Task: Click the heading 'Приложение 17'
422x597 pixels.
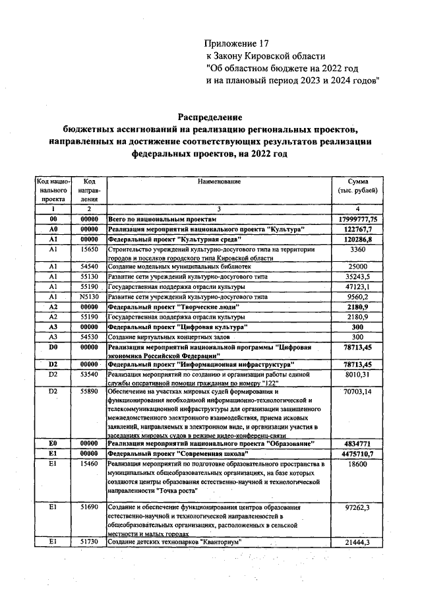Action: tap(238, 44)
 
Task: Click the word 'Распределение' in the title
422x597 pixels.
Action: tap(210, 117)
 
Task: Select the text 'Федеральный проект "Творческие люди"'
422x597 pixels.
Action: tap(173, 307)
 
